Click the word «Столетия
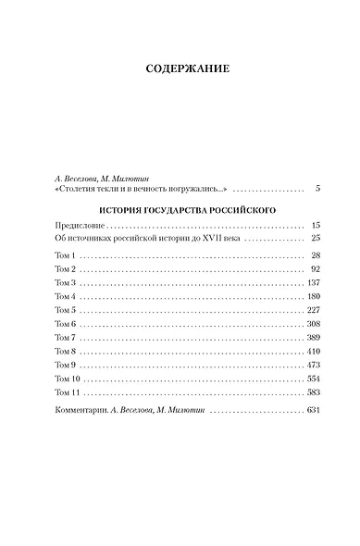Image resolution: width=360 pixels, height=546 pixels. pyautogui.click(x=79, y=189)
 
